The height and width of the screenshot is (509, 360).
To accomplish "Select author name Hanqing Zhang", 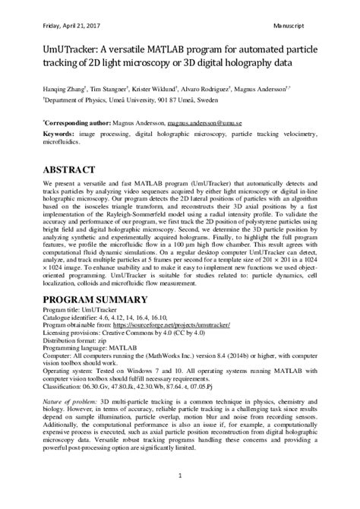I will pyautogui.click(x=64, y=87).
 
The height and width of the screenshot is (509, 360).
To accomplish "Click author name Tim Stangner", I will pyautogui.click(x=110, y=87).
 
